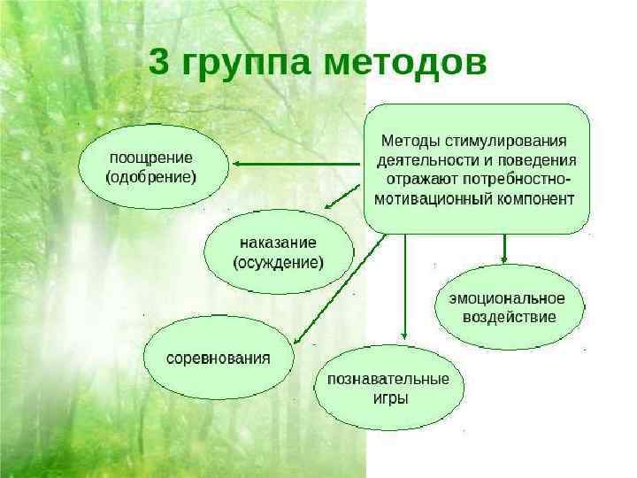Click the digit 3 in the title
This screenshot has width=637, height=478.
point(159,63)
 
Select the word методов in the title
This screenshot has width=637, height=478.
point(405,63)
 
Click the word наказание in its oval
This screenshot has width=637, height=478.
point(278,243)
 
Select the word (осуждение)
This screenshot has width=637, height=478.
point(278,262)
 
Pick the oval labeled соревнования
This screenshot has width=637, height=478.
point(219,358)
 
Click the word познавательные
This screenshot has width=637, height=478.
point(388,379)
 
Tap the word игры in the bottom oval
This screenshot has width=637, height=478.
point(389,398)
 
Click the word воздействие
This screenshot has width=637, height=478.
point(510,317)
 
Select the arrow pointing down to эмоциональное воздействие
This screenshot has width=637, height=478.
point(503,248)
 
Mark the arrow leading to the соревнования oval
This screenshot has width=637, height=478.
point(336,292)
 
